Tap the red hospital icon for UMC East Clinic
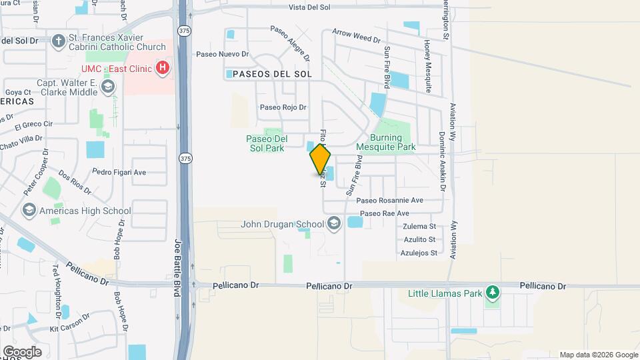point(162,67)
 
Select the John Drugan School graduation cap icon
point(334,224)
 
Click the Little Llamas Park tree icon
point(493,292)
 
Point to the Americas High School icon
point(29,211)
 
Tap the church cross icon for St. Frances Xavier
point(58,41)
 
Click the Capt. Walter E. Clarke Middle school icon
point(109,87)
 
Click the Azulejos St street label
point(419,253)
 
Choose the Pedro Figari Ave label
point(119,172)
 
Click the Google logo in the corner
point(23,351)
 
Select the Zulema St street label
point(419,227)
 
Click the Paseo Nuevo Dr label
point(223,55)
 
